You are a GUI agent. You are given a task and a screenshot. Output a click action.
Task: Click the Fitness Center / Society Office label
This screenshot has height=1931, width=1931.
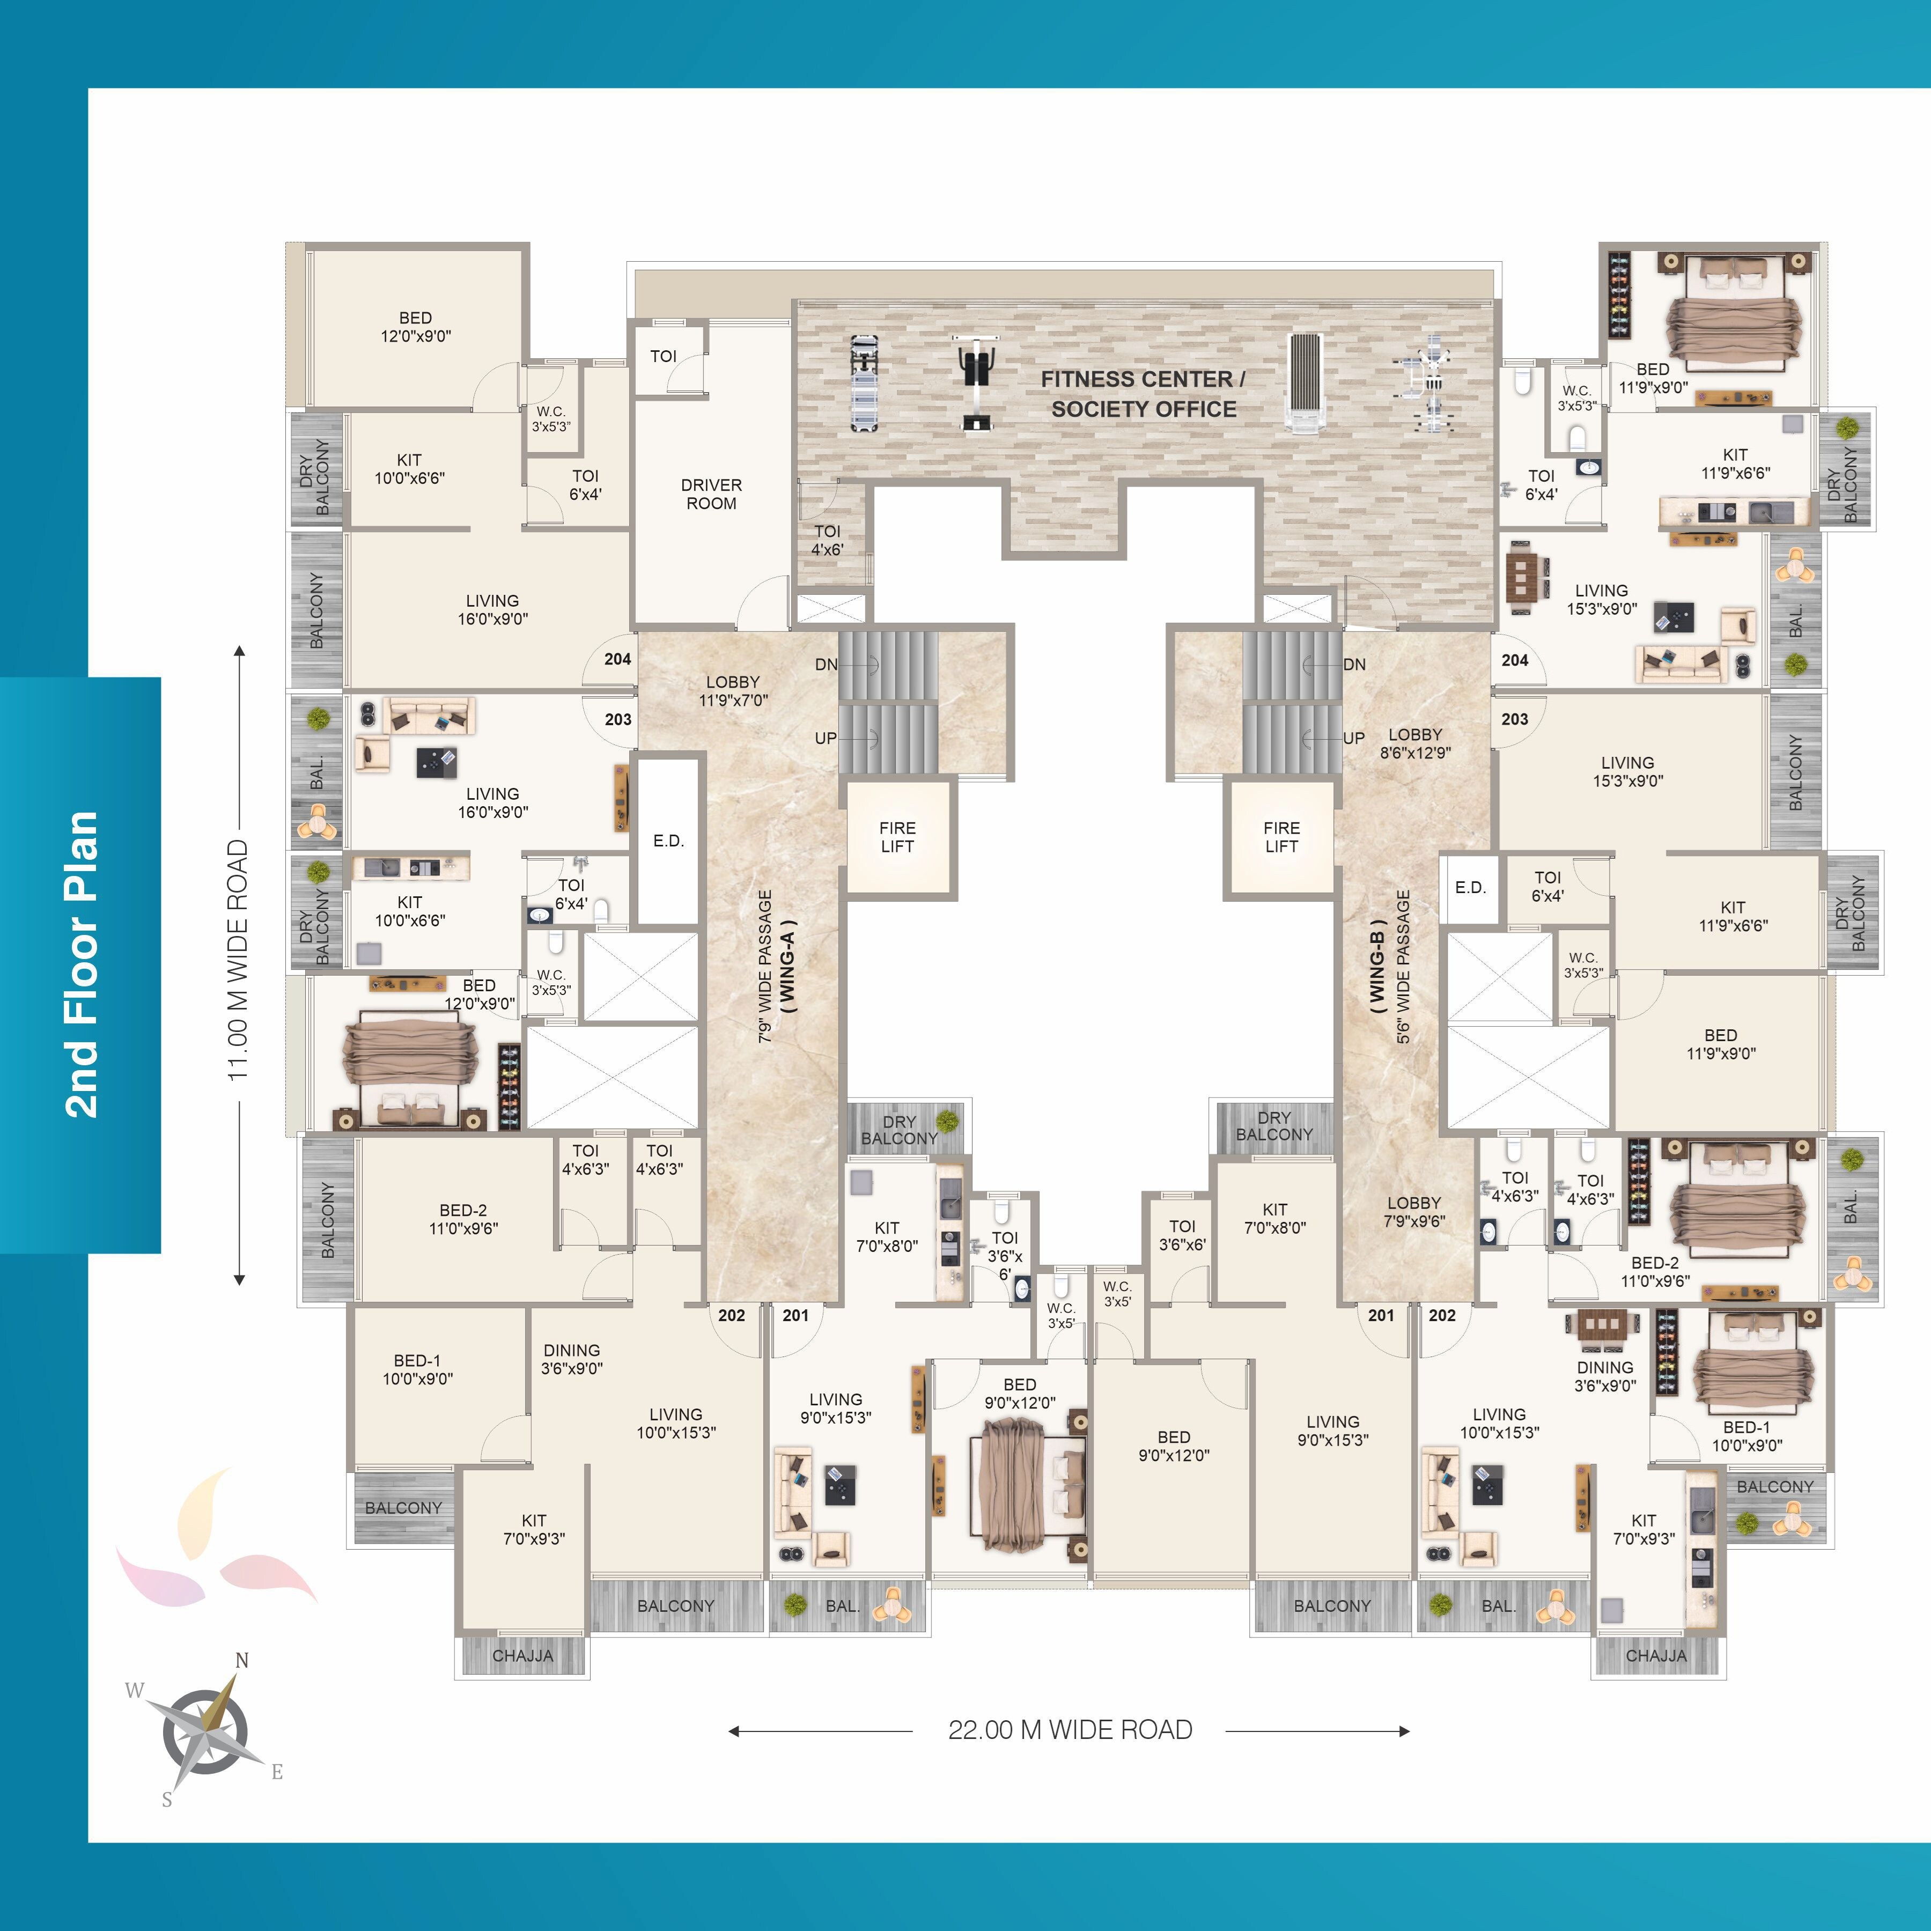1144,394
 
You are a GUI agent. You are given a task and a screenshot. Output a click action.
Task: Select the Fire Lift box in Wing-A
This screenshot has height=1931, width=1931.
897,837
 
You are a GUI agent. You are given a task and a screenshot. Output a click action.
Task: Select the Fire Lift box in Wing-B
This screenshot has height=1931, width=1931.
1281,837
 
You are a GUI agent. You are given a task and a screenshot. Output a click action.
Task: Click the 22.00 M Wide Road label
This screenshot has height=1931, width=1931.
1070,1730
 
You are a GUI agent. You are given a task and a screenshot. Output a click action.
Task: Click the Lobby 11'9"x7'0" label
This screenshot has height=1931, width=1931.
733,691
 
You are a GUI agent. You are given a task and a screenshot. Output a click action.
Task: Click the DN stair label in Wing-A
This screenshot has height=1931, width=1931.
826,665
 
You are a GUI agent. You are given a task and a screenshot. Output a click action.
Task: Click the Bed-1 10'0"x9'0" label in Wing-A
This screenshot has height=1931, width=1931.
418,1369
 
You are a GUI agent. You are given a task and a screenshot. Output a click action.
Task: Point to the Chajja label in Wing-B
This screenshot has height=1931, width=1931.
1656,1656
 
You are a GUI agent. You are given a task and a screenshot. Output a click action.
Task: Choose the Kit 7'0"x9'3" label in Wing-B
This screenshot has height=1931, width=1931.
1644,1529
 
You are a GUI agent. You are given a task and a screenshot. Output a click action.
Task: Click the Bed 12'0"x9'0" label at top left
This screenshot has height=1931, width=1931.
416,327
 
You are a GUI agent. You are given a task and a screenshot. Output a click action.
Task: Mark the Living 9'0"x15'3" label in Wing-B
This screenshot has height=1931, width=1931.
1333,1430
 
